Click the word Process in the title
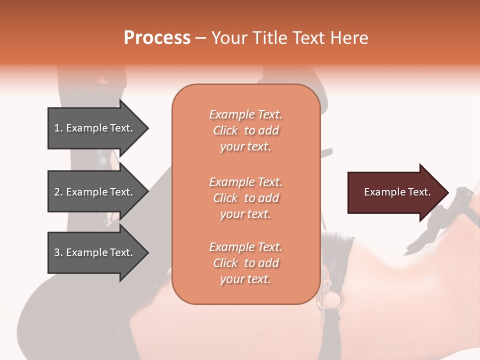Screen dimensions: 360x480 tap(157, 38)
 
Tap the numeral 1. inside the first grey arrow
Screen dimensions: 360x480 tap(58, 128)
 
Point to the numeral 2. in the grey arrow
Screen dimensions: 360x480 tap(58, 192)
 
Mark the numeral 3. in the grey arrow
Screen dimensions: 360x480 tap(58, 252)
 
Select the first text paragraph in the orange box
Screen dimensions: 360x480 tap(245, 130)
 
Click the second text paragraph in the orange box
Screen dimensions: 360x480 tap(245, 198)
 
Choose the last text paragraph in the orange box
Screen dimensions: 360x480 tap(245, 263)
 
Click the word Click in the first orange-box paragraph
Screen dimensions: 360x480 tap(225, 130)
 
